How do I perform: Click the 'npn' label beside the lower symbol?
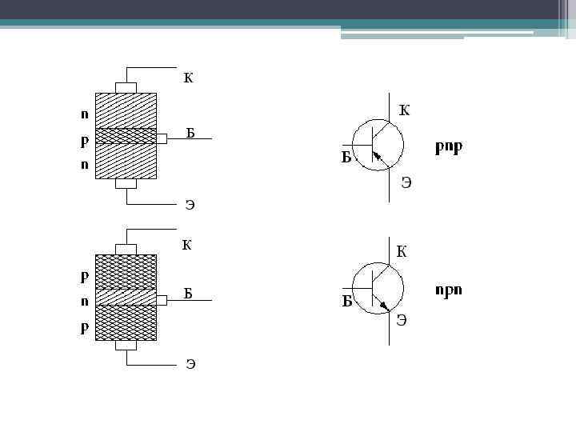click(448, 289)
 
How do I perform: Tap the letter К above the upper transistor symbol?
click(404, 110)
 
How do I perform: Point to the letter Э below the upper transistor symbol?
click(406, 182)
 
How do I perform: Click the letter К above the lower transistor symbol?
click(402, 252)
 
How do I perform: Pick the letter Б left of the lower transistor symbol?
click(348, 302)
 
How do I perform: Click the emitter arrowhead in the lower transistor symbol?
click(385, 306)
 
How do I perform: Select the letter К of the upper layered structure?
click(188, 78)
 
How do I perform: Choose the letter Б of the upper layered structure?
click(190, 133)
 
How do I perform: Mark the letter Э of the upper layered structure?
click(190, 205)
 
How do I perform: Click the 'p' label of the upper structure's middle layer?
click(84, 139)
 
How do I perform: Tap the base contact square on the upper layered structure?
click(162, 138)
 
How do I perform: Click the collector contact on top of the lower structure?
click(126, 248)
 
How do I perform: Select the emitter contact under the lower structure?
click(126, 346)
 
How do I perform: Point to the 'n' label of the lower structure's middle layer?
click(84, 302)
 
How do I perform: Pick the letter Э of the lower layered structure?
click(190, 365)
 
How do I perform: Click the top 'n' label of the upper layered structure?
click(84, 114)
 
